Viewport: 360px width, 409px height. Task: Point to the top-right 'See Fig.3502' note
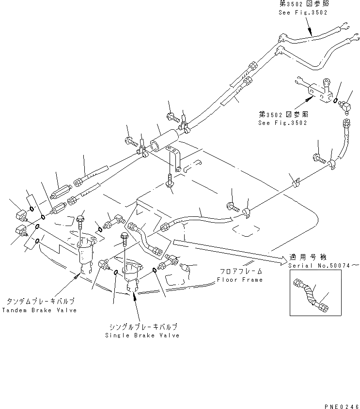[303, 13]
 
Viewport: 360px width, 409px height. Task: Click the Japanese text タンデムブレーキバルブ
[40, 301]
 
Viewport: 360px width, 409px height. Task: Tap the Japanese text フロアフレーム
[239, 272]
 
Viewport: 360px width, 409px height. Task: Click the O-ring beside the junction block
[336, 101]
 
